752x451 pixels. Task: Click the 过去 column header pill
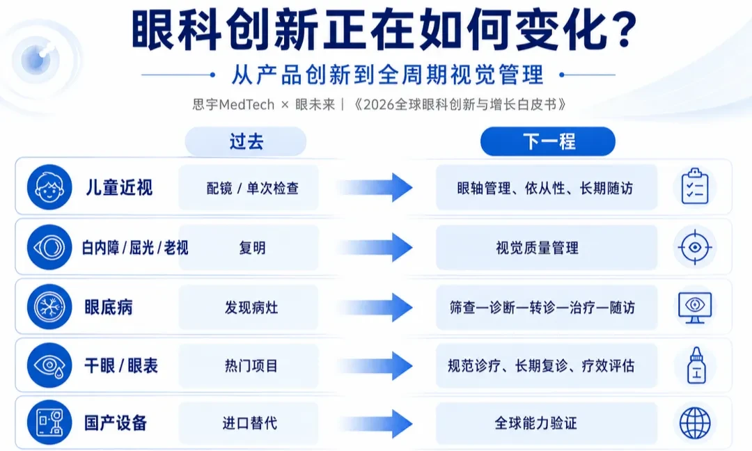coord(246,141)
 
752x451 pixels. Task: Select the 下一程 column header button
coord(548,141)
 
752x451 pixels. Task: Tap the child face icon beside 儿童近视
coord(49,187)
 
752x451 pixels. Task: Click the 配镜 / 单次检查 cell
coord(249,188)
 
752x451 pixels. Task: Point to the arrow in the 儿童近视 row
coord(374,187)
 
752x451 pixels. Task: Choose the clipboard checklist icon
coord(695,187)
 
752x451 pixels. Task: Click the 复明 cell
coord(249,248)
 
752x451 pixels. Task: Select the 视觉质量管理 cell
coord(547,248)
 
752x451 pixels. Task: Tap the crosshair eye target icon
coord(695,247)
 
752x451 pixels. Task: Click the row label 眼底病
coord(109,307)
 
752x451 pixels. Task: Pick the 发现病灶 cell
coord(249,307)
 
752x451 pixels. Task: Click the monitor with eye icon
coord(695,307)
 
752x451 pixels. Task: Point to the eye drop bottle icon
coord(696,365)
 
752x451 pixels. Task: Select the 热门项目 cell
coord(249,365)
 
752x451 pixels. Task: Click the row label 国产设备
coord(116,423)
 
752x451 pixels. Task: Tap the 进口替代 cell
coord(249,423)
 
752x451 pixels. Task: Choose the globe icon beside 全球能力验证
coord(695,423)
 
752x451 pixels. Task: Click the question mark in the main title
coord(623,30)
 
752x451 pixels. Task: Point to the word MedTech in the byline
coord(246,104)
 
